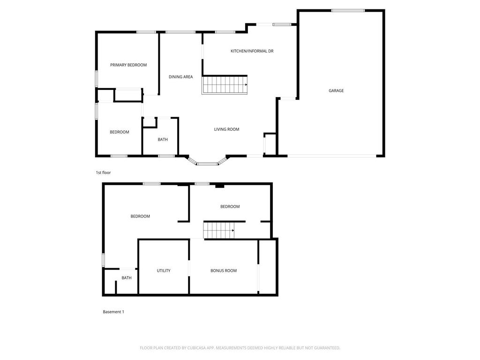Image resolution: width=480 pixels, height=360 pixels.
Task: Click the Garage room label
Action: [336, 90]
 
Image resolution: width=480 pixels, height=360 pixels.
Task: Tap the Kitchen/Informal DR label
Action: [252, 51]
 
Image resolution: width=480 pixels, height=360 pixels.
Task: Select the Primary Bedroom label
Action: [128, 65]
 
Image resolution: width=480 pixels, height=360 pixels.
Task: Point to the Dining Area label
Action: [181, 77]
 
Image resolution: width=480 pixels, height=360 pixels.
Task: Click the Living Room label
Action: [227, 129]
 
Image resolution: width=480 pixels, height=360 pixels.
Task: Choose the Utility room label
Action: [164, 270]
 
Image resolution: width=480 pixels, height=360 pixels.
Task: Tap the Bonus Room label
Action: [224, 270]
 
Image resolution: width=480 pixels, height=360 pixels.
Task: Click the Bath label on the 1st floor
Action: [163, 140]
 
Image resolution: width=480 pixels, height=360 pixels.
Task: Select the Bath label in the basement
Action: [127, 278]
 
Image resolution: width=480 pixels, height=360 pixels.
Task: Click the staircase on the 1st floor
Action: [225, 85]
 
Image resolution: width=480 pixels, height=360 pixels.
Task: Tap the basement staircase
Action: [218, 231]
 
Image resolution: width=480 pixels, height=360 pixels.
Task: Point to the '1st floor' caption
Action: [104, 172]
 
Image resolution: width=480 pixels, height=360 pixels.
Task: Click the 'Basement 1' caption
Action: [113, 312]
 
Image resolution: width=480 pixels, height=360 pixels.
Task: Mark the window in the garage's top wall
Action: [348, 10]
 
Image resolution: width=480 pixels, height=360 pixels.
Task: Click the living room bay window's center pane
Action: [207, 164]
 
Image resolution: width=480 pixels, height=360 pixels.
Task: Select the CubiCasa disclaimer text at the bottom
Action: [240, 348]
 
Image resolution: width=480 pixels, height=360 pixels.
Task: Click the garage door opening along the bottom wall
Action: [331, 156]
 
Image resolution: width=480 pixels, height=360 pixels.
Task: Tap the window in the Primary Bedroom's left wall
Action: [97, 78]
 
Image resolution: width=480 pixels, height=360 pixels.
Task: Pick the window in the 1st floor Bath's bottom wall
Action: [166, 156]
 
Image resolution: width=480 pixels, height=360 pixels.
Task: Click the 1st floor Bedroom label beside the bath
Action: [120, 132]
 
